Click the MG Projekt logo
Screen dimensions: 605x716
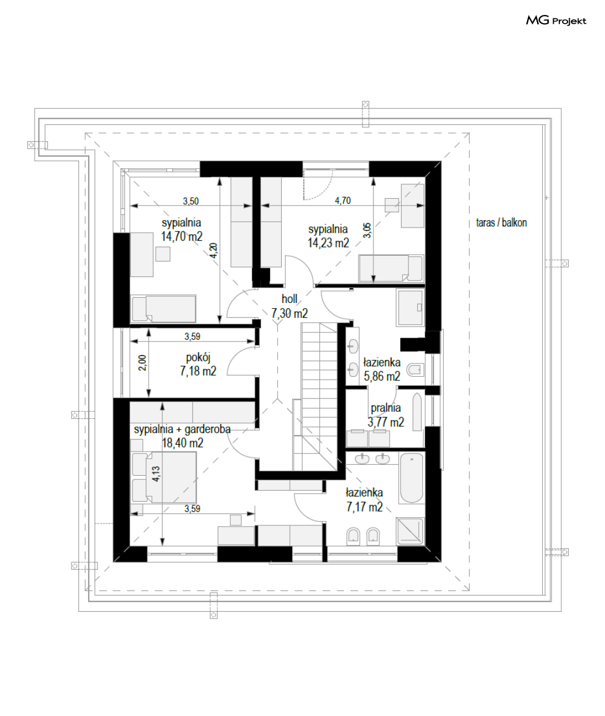556,21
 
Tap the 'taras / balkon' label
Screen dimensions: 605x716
501,223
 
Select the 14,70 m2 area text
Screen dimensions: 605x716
181,236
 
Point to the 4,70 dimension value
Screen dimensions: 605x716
343,200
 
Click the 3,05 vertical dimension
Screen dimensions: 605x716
367,230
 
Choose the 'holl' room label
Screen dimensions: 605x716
289,299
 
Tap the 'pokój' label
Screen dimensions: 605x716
198,358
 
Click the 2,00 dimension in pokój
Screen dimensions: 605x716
142,363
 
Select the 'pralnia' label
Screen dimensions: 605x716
386,408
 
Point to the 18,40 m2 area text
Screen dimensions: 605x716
183,443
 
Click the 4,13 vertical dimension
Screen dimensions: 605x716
156,474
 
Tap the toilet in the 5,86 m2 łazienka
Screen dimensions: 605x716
415,370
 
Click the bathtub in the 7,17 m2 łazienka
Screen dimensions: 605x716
411,478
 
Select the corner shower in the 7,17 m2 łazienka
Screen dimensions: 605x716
410,531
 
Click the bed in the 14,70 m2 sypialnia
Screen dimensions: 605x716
163,309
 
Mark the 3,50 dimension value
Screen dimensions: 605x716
191,201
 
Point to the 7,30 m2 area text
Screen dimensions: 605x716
289,313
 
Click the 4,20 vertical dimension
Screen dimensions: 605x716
213,251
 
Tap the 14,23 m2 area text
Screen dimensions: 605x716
328,243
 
